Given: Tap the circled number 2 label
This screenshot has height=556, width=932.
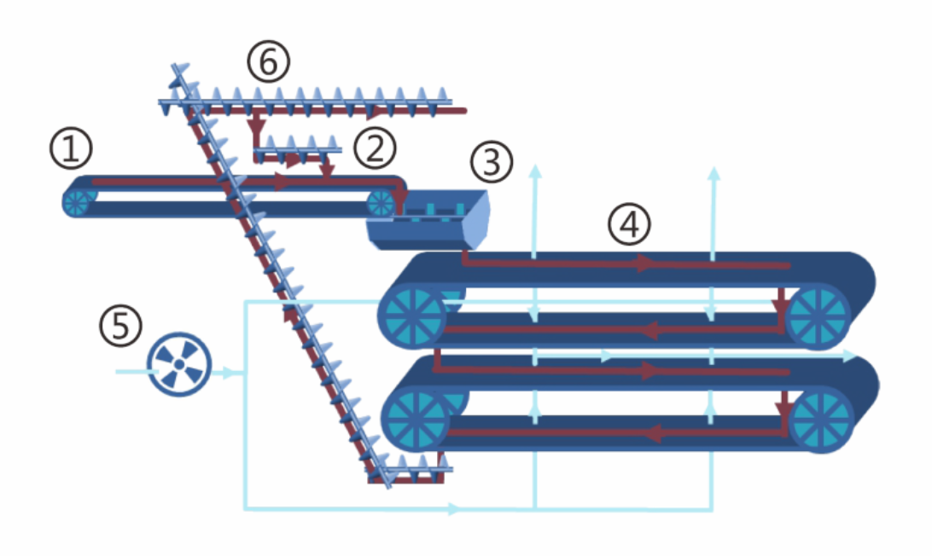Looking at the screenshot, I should coord(376,148).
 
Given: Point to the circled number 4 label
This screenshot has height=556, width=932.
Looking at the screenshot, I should coord(629,224).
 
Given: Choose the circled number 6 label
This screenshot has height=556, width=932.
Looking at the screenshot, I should coord(269,63).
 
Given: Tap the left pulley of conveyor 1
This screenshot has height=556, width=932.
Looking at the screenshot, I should coord(79,202).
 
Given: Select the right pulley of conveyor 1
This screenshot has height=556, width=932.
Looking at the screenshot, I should coord(381,203).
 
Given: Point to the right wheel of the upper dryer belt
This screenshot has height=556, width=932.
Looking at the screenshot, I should coord(818,316).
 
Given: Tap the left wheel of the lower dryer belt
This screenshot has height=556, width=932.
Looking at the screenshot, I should coord(415,420).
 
